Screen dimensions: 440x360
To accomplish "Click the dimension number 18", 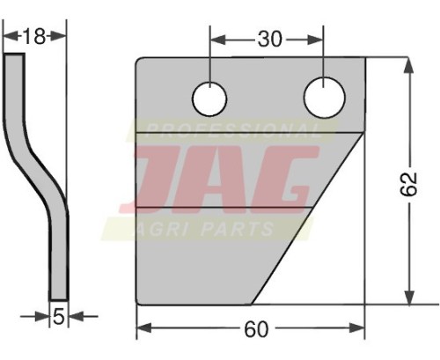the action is (x=34, y=36).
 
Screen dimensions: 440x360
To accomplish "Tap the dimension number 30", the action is (x=270, y=39).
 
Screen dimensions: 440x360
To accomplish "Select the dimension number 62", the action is (x=408, y=184).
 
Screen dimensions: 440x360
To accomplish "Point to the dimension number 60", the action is (x=256, y=329).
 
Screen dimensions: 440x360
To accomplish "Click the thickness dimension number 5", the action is (x=59, y=317).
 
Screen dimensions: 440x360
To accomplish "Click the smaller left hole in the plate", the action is (x=209, y=99).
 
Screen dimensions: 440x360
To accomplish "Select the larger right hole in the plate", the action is (x=325, y=98).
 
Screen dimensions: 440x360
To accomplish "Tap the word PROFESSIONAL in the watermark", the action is (x=233, y=131).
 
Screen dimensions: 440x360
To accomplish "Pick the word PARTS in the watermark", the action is (x=237, y=229).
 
